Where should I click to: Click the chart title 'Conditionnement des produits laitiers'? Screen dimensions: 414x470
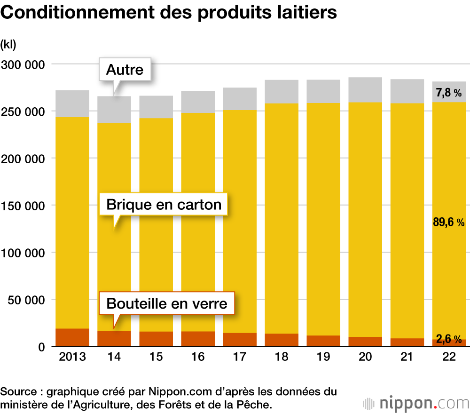pos(169,13)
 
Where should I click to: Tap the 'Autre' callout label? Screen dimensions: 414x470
pos(125,70)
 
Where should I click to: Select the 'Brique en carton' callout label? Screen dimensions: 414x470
pos(164,205)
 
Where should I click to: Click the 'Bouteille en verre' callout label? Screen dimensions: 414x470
pos(167,303)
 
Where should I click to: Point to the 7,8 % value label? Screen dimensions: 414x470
pos(449,93)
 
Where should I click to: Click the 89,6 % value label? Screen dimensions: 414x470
pos(449,223)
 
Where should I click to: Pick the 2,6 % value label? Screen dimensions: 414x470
pos(449,339)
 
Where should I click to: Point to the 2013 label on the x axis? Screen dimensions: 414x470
pos(72,357)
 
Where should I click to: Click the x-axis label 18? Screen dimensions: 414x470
pos(282,357)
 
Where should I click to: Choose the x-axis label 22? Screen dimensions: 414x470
pos(449,357)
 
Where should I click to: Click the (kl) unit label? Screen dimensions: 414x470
pos(8,45)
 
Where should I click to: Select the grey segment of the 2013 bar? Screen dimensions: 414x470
pos(72,103)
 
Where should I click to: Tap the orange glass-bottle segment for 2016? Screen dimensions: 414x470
pos(198,339)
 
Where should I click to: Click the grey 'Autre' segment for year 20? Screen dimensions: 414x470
pos(365,90)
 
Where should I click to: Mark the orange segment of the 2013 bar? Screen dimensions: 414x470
pos(72,337)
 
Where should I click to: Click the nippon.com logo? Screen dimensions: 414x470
pos(416,403)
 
